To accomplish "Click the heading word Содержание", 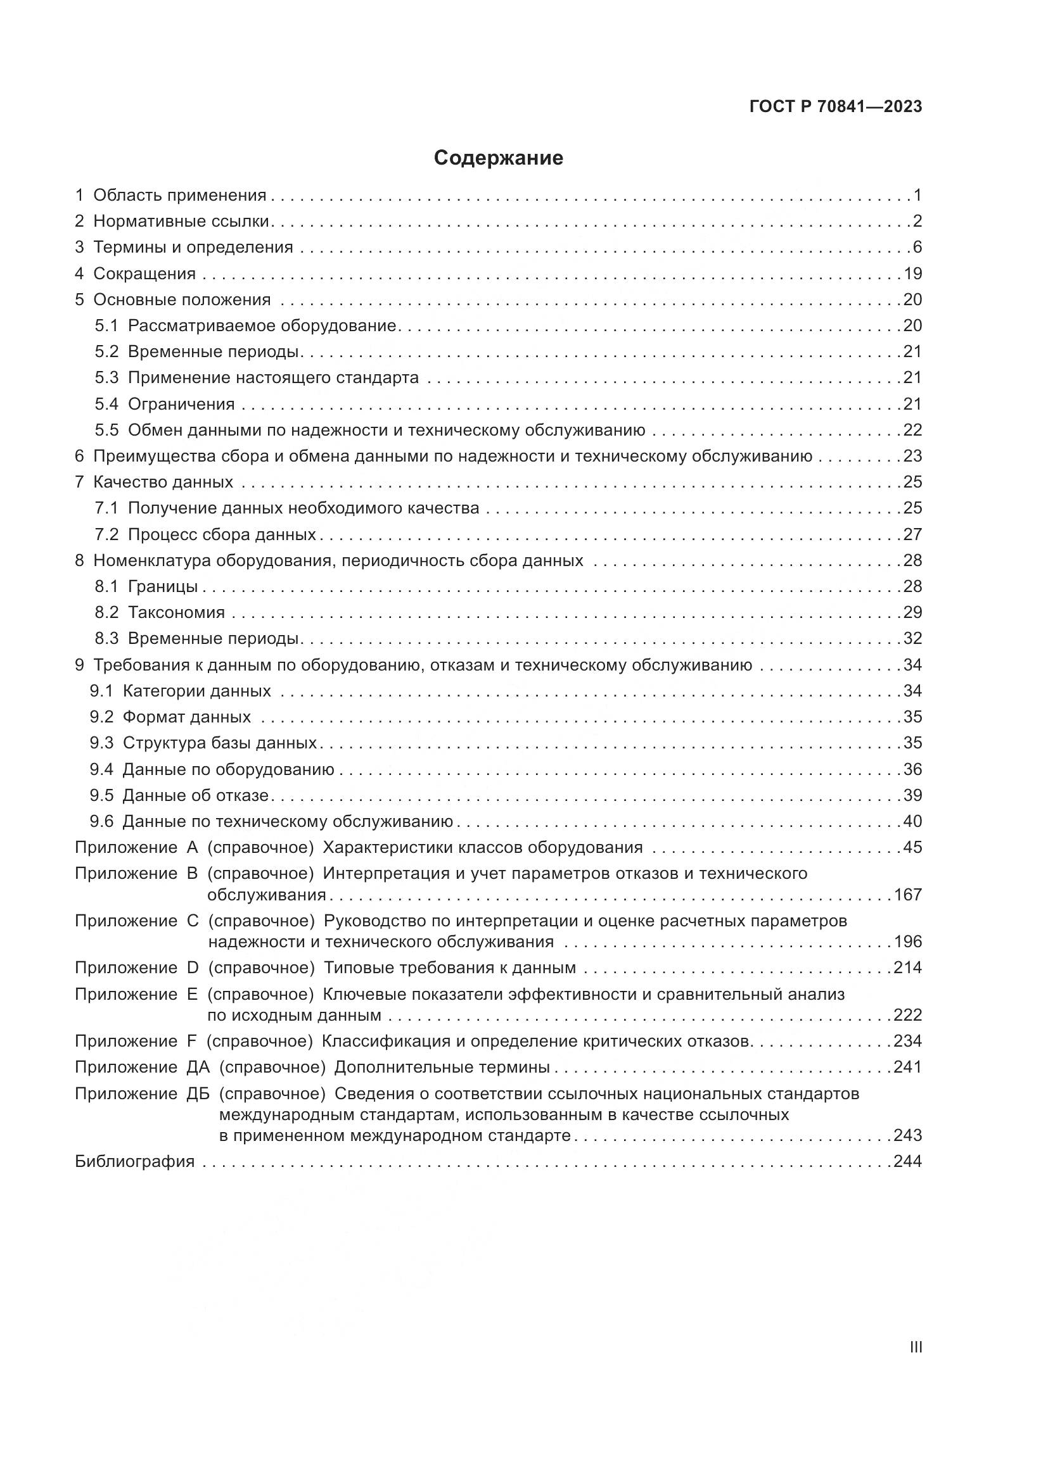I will tap(498, 158).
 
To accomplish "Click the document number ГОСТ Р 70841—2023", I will tap(836, 107).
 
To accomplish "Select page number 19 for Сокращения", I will tap(912, 274).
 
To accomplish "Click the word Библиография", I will tap(135, 1162).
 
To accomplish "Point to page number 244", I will tap(907, 1162).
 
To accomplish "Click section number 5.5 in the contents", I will tap(106, 430).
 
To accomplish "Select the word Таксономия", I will tap(176, 612).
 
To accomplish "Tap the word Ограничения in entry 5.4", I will tap(181, 405).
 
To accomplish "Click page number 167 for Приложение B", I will tap(907, 895).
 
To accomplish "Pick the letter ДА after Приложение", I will tap(198, 1068).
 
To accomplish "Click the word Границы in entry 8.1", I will tap(163, 586).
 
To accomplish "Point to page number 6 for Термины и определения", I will tap(917, 247).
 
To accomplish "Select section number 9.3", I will tap(101, 743).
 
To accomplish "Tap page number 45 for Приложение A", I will tap(912, 847).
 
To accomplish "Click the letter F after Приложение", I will tap(191, 1041).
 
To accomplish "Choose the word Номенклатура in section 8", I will tap(152, 560).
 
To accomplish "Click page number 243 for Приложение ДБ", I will tap(907, 1135).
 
